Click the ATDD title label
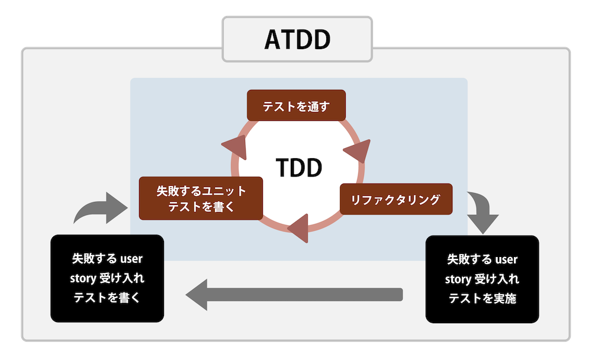tap(297, 40)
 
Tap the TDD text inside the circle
tap(299, 168)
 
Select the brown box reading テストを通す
tap(295, 107)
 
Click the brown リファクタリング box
tap(395, 200)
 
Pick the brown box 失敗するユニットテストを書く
tap(201, 198)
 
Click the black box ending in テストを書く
tap(107, 278)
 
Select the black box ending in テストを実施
tap(482, 279)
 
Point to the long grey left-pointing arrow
tap(294, 294)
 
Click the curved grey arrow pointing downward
tap(481, 211)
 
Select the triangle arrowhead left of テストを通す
tap(234, 147)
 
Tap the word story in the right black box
tap(458, 279)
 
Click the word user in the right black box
tap(507, 259)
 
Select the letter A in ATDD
tap(273, 40)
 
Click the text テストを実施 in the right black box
tap(482, 298)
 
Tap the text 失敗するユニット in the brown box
tap(201, 191)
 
